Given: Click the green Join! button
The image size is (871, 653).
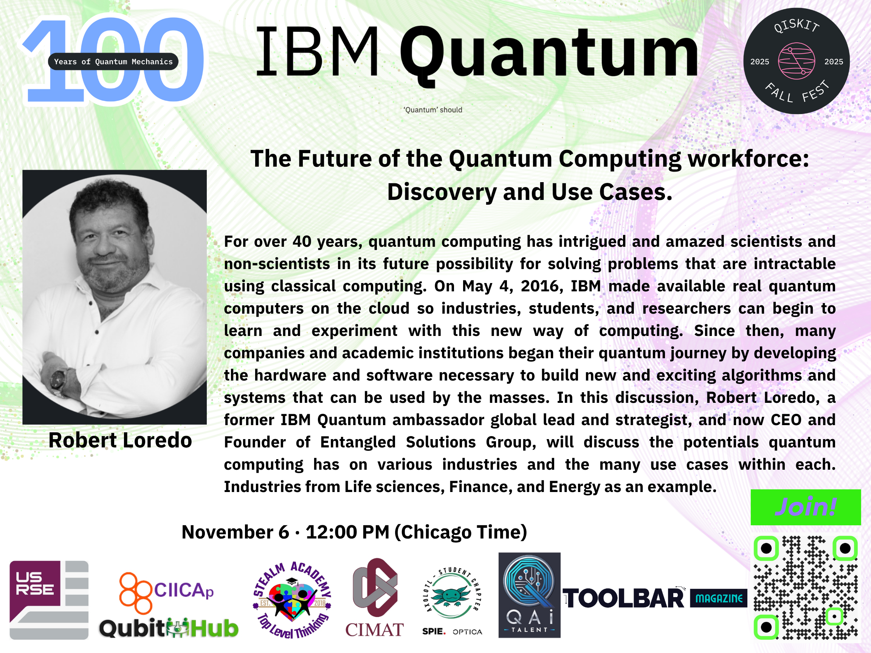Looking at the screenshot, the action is (806, 507).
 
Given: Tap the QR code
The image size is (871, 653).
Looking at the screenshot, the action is (806, 587).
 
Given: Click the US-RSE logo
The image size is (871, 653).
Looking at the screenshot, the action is (49, 600).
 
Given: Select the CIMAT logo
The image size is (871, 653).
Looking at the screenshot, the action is (375, 597).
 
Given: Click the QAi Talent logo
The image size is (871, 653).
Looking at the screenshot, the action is (529, 595).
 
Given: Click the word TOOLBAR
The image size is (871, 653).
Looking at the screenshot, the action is (624, 598).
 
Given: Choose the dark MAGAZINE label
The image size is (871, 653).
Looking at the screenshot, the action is (719, 598).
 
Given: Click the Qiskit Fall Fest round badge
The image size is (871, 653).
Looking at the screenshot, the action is (797, 61).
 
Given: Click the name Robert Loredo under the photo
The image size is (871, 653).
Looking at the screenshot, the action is (120, 440).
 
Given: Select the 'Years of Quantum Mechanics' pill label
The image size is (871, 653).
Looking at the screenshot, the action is (113, 61).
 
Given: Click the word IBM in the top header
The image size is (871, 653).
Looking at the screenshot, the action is (318, 51).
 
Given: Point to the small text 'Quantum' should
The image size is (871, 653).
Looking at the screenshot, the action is (433, 110).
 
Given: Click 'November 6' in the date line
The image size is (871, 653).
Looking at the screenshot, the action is (235, 532).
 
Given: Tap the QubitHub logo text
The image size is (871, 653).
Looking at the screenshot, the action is (169, 628).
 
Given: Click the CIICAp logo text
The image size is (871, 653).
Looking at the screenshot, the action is (183, 590).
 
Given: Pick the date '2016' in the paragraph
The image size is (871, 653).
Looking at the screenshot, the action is (542, 286).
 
